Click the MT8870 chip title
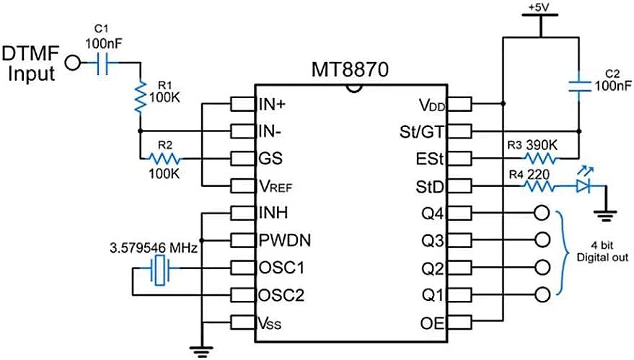[350, 71]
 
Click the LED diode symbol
[585, 187]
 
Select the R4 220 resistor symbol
[540, 187]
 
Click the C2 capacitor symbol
[579, 87]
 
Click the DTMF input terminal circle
[73, 64]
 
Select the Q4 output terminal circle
[542, 214]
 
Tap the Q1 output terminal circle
[542, 294]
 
